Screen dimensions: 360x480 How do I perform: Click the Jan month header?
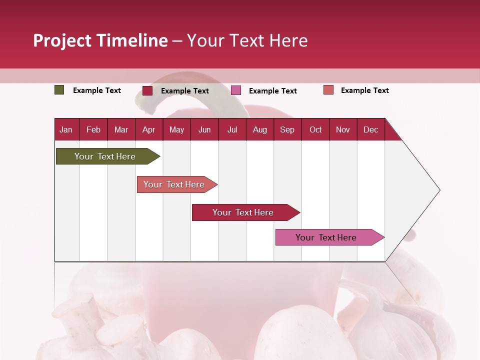[x=66, y=129]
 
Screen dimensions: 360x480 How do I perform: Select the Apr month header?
[x=148, y=129]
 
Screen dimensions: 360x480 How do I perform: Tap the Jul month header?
[x=232, y=129]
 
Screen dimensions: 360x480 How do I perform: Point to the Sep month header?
[x=287, y=129]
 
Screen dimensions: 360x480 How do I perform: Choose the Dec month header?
[x=370, y=129]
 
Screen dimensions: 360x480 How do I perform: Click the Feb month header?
[x=93, y=129]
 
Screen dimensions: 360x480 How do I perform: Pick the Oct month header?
[x=315, y=129]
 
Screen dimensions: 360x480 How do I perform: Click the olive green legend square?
[x=59, y=90]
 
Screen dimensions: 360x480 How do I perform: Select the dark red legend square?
[x=147, y=90]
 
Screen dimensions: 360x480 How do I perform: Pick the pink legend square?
[x=236, y=90]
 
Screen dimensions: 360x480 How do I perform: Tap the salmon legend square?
[x=328, y=90]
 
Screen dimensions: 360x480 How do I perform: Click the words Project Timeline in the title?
[x=100, y=40]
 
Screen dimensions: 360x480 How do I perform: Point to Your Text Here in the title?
[x=247, y=40]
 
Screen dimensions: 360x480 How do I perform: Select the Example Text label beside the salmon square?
[x=364, y=90]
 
